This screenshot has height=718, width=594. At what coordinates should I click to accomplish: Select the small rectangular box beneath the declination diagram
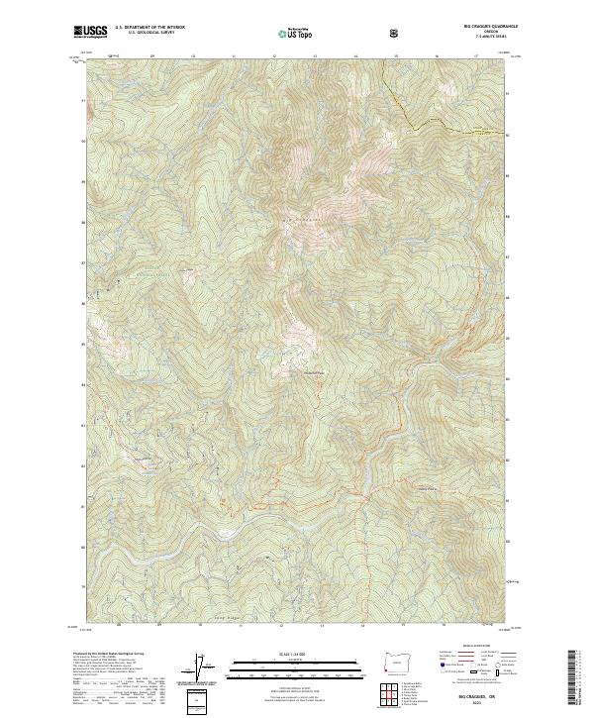point(197,701)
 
